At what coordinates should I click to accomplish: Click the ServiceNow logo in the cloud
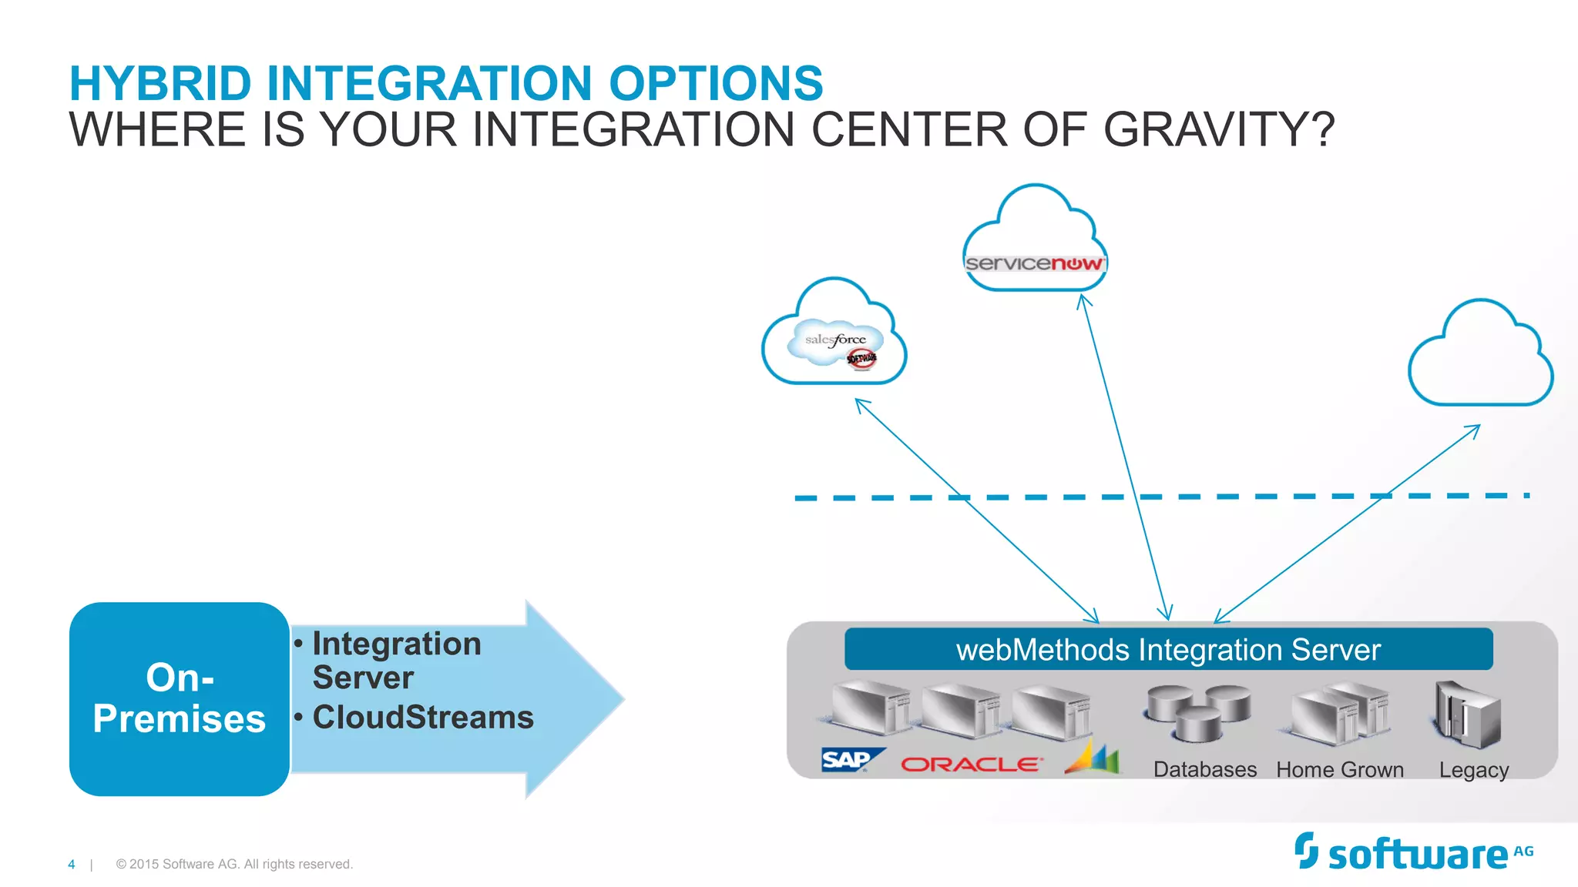click(1034, 263)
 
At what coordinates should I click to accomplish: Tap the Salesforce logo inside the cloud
click(835, 341)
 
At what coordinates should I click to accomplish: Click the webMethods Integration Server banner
click(1168, 650)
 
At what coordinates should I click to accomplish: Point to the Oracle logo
click(971, 764)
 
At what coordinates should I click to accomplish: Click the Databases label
click(1204, 769)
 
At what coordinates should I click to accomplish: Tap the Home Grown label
click(1340, 769)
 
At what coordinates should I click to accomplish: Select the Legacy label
click(1473, 770)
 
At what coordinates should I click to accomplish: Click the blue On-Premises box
click(179, 698)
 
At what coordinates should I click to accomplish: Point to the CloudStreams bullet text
click(422, 717)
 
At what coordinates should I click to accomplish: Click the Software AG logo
click(1414, 853)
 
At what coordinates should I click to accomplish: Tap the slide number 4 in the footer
click(72, 865)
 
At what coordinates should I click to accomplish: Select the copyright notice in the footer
click(234, 865)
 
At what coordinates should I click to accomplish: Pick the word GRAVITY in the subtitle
click(1218, 129)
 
